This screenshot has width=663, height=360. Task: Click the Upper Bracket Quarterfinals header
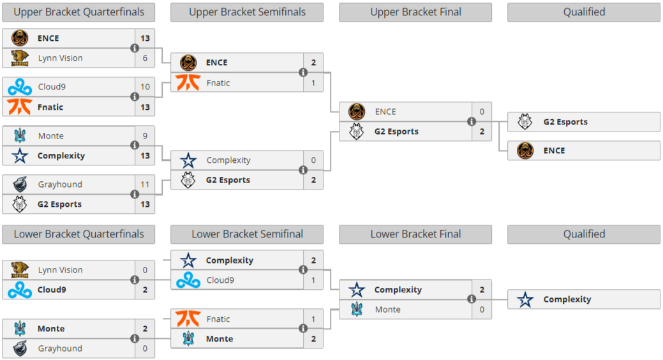click(78, 12)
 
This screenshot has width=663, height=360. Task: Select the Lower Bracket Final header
click(415, 234)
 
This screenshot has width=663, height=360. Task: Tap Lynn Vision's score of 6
click(145, 58)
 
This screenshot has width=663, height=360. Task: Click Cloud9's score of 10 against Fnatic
click(145, 87)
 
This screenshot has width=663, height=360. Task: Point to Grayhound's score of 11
click(145, 184)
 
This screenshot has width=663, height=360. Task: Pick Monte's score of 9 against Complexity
click(145, 136)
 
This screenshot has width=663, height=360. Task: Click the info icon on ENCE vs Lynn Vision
click(135, 49)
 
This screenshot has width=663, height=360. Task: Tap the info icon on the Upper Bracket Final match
click(472, 122)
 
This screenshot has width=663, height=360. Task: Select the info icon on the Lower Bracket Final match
click(472, 299)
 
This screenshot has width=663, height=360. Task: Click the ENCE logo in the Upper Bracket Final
click(357, 111)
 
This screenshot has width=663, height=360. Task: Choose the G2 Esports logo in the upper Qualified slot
click(525, 122)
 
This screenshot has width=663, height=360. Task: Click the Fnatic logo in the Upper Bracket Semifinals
click(188, 82)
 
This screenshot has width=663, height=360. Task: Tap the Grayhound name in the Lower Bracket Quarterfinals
click(60, 349)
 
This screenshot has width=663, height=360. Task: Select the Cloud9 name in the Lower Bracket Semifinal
click(220, 280)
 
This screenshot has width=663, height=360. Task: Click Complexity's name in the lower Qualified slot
click(567, 299)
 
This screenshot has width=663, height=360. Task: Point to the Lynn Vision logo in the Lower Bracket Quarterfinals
click(19, 270)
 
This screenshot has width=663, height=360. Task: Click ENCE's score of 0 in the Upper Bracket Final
click(482, 112)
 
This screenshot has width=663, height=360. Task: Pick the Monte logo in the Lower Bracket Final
click(357, 309)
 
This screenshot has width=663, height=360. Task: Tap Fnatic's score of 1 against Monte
click(313, 319)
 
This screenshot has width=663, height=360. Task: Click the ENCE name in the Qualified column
click(555, 151)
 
